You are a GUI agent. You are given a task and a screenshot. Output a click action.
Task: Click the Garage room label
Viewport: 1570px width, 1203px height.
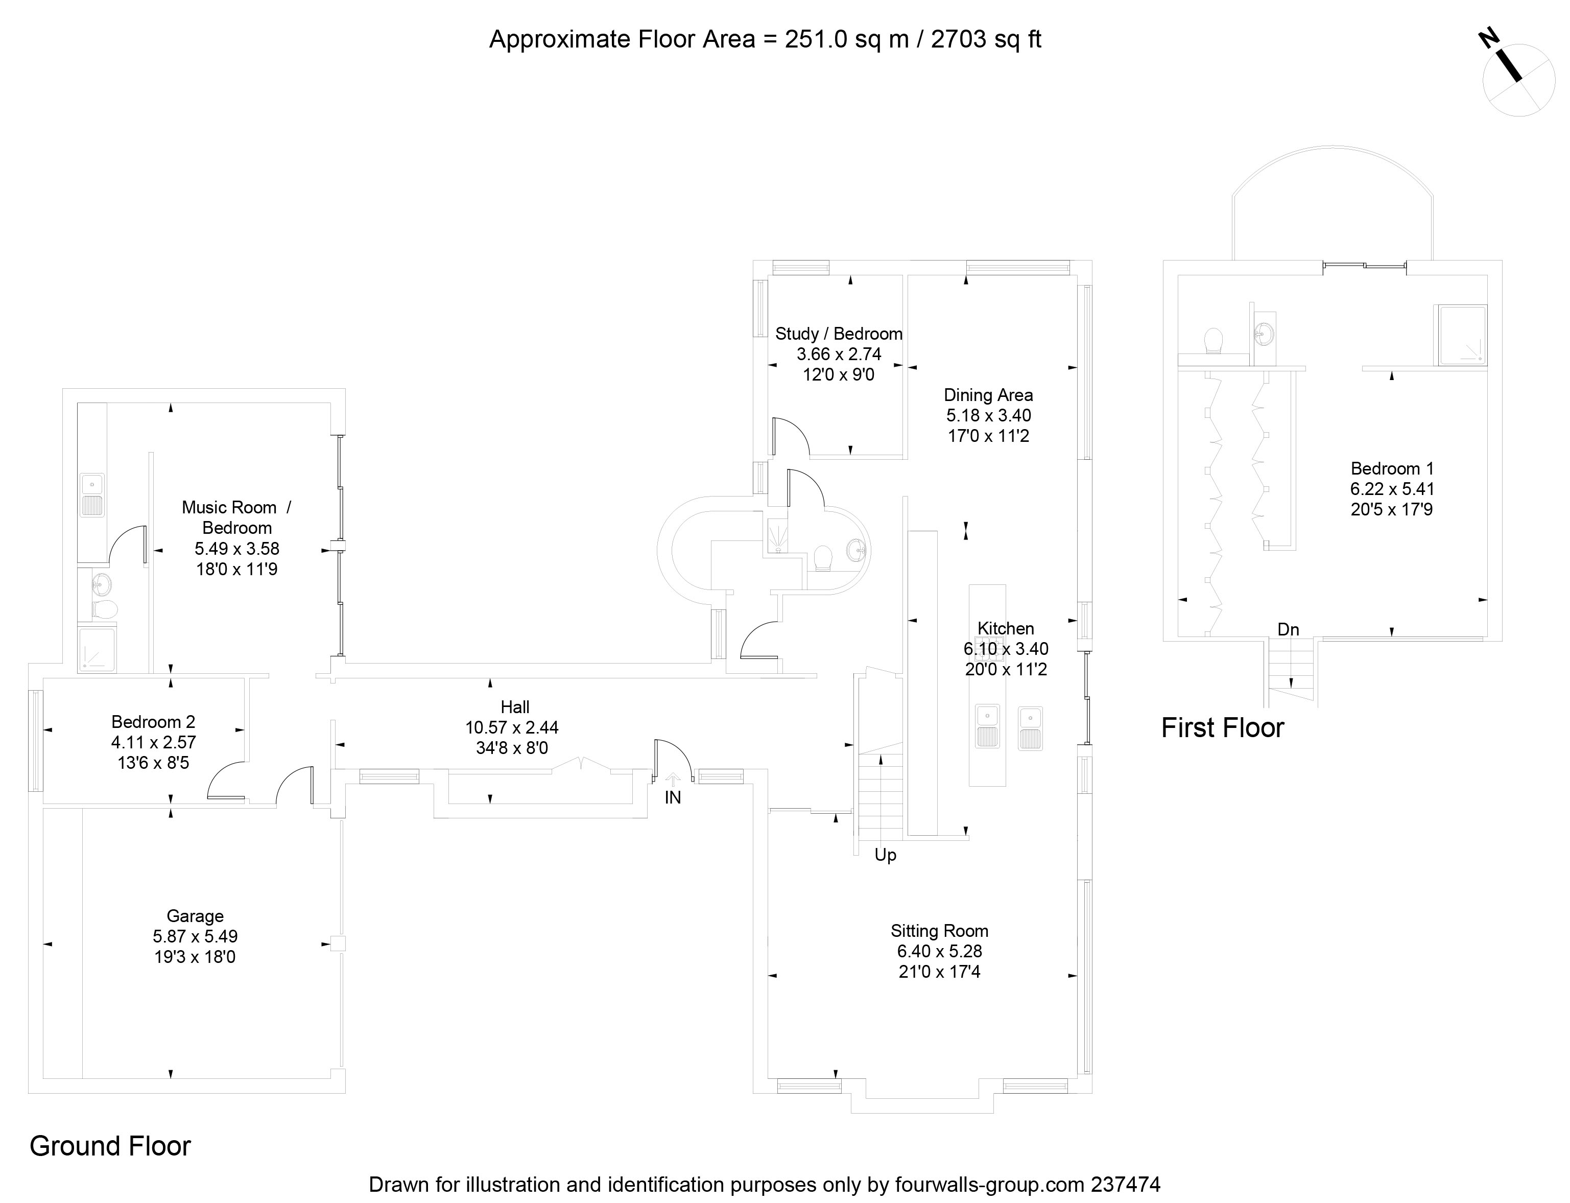pyautogui.click(x=195, y=916)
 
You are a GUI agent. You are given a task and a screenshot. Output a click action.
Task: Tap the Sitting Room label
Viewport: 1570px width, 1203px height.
pyautogui.click(x=939, y=931)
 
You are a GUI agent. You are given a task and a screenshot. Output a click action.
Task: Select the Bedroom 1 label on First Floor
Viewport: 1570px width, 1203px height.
pyautogui.click(x=1392, y=469)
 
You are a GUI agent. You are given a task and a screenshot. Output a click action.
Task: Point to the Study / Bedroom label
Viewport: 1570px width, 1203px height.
pyautogui.click(x=838, y=334)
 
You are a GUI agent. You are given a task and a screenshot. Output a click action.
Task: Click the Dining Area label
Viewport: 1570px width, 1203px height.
pyautogui.click(x=988, y=395)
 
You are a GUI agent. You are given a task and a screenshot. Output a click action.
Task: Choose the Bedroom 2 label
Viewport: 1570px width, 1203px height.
pyautogui.click(x=153, y=722)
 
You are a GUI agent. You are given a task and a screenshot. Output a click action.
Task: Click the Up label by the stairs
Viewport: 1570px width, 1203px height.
pyautogui.click(x=886, y=855)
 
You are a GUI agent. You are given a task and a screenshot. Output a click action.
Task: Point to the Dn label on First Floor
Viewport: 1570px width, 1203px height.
pyautogui.click(x=1288, y=629)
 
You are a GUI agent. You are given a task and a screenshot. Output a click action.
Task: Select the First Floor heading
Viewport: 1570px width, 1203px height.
pyautogui.click(x=1222, y=728)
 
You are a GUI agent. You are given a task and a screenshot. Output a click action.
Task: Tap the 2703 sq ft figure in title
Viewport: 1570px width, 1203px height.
pyautogui.click(x=986, y=39)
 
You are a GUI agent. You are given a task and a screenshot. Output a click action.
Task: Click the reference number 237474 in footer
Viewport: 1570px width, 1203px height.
pyautogui.click(x=1126, y=1185)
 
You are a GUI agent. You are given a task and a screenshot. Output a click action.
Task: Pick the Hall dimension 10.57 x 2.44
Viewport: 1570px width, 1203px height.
pyautogui.click(x=512, y=727)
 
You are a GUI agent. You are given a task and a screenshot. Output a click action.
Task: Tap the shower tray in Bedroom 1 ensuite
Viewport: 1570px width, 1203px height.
pyautogui.click(x=1460, y=335)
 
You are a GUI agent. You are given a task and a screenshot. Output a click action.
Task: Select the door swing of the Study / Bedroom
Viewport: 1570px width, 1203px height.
pyautogui.click(x=791, y=437)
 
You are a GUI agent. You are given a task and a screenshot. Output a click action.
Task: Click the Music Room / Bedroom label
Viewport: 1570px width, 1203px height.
pyautogui.click(x=236, y=517)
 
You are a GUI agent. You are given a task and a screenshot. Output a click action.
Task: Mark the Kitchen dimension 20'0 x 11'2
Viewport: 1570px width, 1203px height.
pyautogui.click(x=1006, y=670)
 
